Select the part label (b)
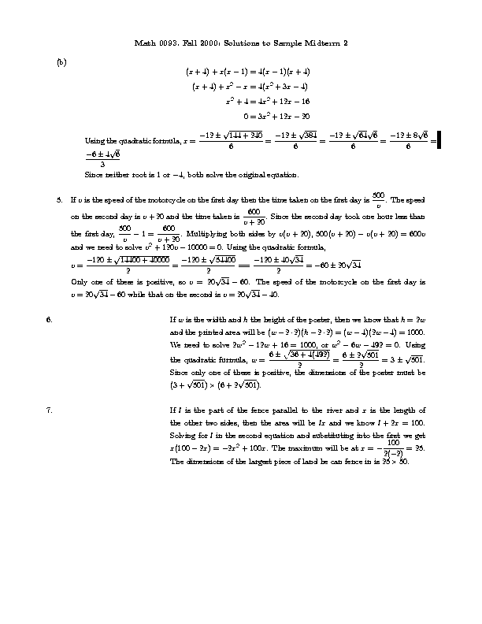[61, 61]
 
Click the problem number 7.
[50, 410]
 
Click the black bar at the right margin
[439, 139]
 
